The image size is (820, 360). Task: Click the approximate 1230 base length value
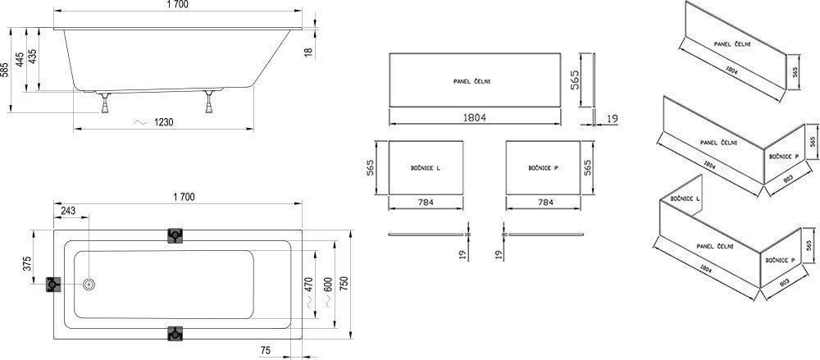[165, 122]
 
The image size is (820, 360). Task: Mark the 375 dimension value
[26, 264]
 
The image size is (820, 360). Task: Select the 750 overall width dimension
[344, 284]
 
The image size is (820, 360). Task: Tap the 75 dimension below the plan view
[265, 351]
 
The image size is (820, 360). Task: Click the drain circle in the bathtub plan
[89, 285]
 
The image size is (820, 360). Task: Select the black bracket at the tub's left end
[55, 285]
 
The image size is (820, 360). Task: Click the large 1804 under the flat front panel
[474, 118]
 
